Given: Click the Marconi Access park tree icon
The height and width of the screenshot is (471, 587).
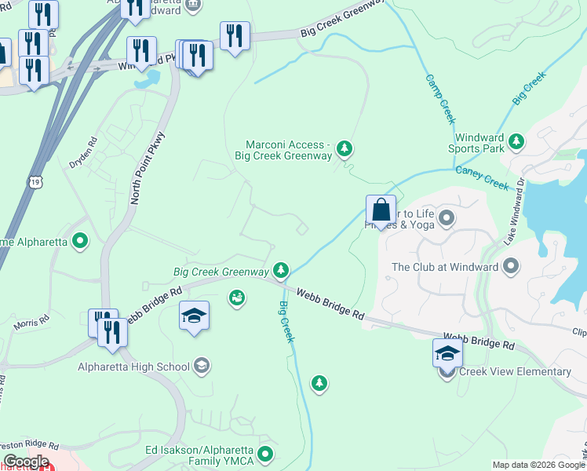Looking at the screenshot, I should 344,148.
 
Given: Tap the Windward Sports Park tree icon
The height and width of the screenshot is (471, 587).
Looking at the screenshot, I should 516,141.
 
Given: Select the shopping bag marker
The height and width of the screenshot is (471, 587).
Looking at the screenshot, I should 381,211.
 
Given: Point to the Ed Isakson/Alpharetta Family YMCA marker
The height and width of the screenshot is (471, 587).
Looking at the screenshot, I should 266,453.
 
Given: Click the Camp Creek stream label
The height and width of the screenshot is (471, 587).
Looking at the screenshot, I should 440,99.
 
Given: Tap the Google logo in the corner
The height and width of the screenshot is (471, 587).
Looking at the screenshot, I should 26,462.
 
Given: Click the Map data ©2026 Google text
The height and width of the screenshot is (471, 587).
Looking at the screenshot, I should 538,465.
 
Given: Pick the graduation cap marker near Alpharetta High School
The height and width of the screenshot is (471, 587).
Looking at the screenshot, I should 194,316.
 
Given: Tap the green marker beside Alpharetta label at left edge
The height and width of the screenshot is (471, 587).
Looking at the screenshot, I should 79,241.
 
